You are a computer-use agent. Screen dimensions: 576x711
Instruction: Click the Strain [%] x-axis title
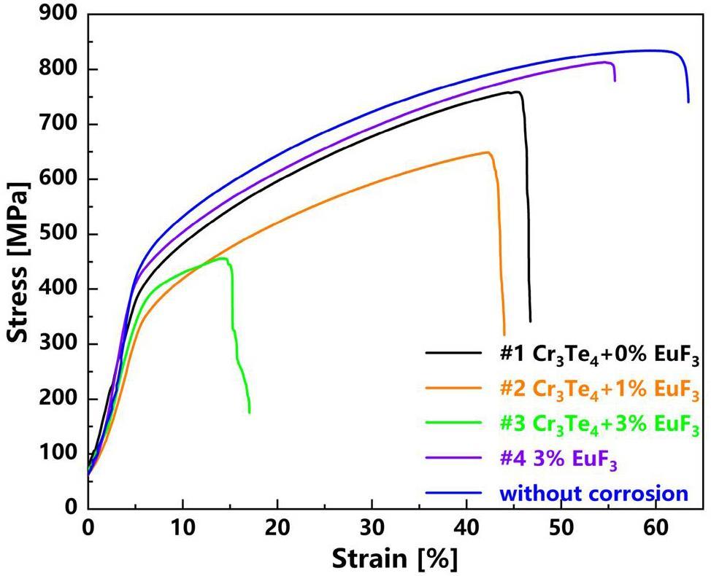pos(395,559)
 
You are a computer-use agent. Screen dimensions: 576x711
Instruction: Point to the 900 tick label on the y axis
pos(60,15)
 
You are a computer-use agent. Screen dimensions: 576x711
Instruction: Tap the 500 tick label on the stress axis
pos(60,235)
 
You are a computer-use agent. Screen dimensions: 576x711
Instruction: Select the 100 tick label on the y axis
pos(60,454)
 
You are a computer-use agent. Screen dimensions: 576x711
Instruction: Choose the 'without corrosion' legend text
pos(594,494)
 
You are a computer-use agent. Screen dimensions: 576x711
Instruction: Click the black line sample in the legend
pos(455,354)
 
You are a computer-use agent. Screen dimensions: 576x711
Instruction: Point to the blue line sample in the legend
pos(455,493)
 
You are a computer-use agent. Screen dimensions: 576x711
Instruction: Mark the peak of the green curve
pos(224,258)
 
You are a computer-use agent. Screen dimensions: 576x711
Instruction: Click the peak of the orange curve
pos(487,152)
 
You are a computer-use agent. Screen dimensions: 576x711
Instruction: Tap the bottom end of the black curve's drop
pos(530,321)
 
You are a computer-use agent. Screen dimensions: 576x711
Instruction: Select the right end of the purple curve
pos(615,80)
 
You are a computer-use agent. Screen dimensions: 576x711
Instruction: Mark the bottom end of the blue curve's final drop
pos(688,101)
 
